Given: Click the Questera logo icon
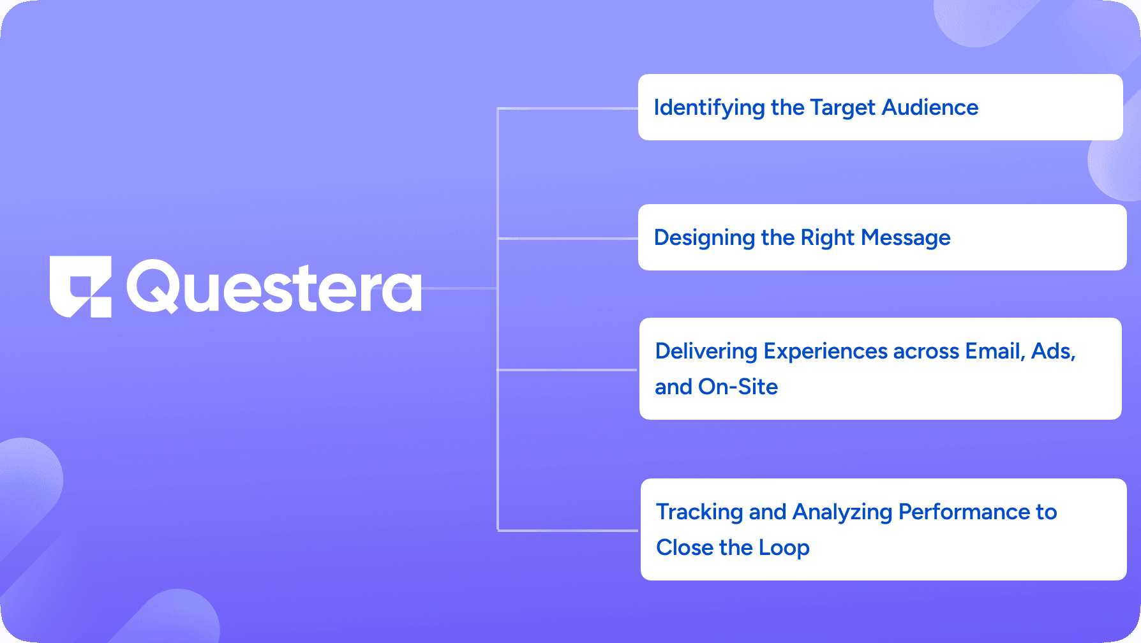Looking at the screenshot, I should point(80,287).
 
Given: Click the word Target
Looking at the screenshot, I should point(843,108).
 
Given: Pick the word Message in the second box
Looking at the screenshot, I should point(906,238).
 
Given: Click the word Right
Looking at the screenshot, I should point(828,238).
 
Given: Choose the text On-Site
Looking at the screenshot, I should point(738,387).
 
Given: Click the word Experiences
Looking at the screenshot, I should point(826,351).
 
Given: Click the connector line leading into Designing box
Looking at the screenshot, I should point(568,239).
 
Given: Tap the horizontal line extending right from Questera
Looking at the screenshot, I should point(459,288).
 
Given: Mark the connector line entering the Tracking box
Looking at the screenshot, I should point(568,530).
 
